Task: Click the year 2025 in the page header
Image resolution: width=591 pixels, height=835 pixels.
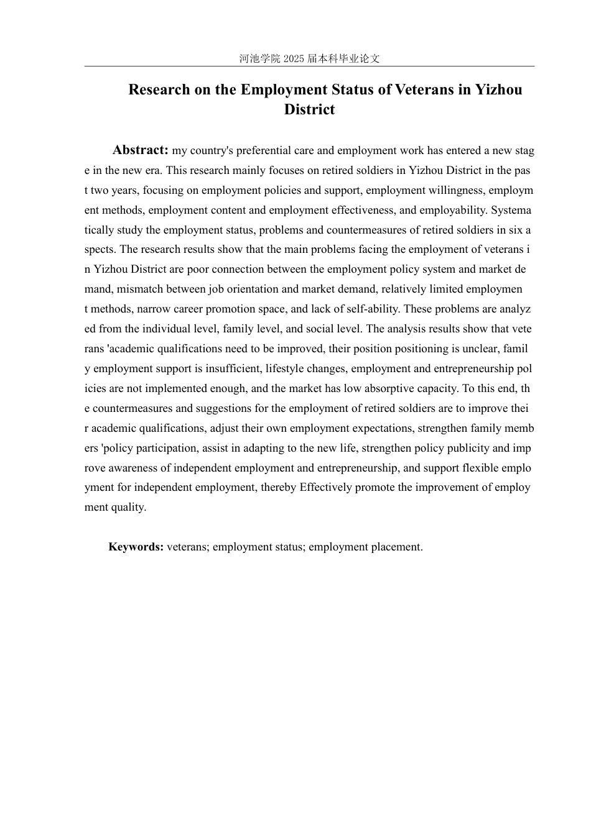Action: (x=294, y=59)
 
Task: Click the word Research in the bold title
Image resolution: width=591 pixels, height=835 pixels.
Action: (x=158, y=89)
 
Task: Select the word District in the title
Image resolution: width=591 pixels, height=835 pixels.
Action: (x=309, y=109)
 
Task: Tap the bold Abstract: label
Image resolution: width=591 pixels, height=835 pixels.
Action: (x=141, y=150)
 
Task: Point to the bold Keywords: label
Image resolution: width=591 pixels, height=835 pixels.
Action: (x=136, y=547)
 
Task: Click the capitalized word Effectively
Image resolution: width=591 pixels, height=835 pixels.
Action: (x=326, y=487)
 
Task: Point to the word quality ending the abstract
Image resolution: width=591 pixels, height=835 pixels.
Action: (x=127, y=507)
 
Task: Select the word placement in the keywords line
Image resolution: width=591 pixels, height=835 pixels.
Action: (x=396, y=547)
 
